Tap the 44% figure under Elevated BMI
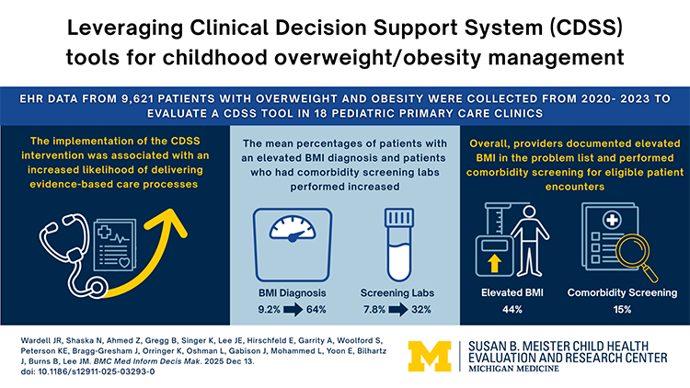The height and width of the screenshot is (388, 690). (512, 309)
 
